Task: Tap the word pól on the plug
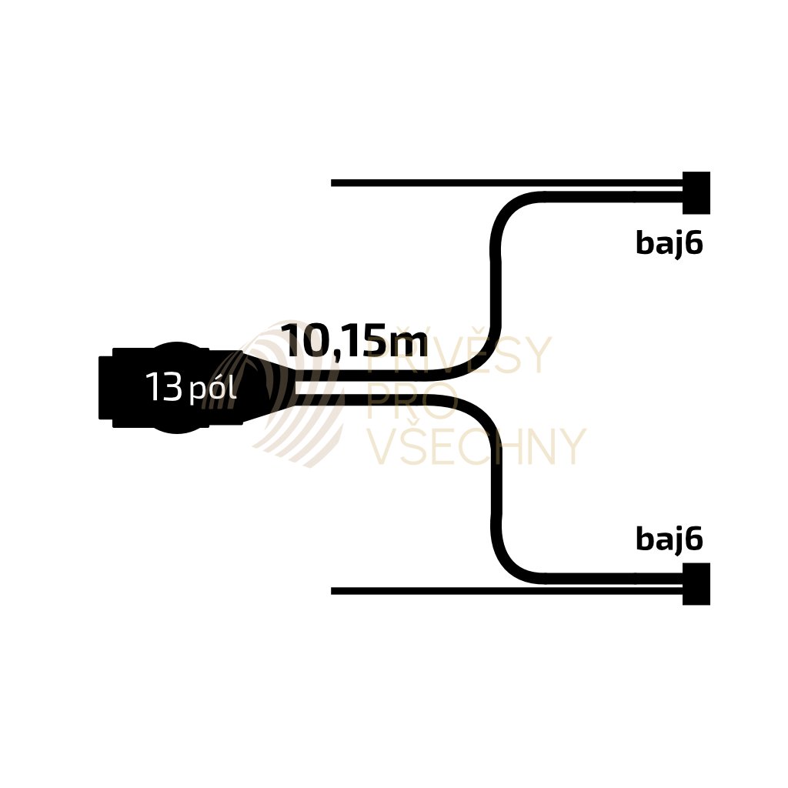(212, 391)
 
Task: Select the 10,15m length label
(354, 340)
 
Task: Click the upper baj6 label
(669, 243)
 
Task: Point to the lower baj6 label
(669, 539)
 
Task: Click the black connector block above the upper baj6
(696, 192)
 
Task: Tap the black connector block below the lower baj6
(696, 584)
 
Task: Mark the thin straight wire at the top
(500, 183)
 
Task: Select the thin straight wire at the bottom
(500, 591)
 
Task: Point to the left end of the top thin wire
(334, 183)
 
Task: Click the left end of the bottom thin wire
(334, 591)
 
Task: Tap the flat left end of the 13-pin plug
(104, 389)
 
